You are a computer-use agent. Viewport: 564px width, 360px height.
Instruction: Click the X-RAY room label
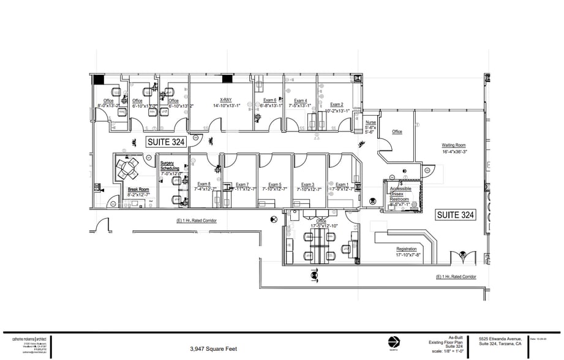click(225, 100)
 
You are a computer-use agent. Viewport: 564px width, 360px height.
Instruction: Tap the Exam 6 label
click(270, 100)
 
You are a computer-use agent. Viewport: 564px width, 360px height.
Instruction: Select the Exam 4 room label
click(300, 100)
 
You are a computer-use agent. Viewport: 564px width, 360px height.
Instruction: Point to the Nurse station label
click(370, 122)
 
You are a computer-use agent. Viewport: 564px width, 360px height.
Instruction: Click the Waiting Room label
click(454, 146)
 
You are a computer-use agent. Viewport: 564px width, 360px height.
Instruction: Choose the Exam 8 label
click(204, 184)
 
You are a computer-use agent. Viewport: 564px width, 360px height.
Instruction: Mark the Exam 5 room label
click(275, 184)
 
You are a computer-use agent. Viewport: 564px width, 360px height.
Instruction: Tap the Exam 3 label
click(307, 184)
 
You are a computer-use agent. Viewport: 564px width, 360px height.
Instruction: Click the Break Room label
click(138, 190)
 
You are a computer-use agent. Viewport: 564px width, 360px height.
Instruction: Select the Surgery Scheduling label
click(170, 165)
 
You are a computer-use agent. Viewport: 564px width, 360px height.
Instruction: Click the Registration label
click(407, 249)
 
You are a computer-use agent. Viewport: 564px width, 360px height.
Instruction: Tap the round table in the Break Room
click(129, 167)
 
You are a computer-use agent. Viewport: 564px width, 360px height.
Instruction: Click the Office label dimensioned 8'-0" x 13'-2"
click(108, 100)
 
